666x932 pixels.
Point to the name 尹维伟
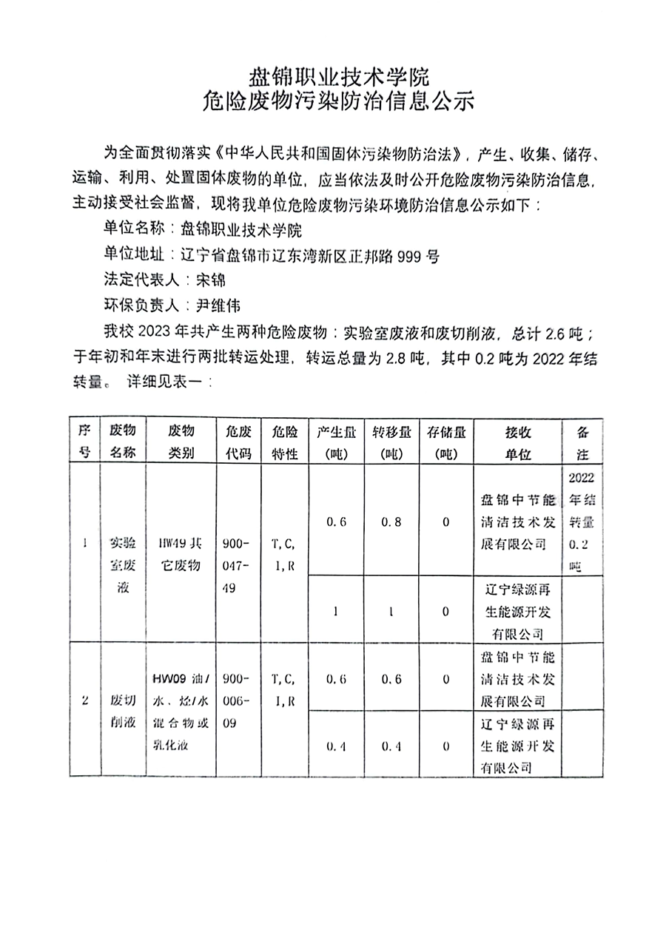pyautogui.click(x=218, y=305)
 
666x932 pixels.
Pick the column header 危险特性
pyautogui.click(x=284, y=442)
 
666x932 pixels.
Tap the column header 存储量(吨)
pyautogui.click(x=446, y=442)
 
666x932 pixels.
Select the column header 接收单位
pyautogui.click(x=518, y=442)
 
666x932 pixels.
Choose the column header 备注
pyautogui.click(x=582, y=442)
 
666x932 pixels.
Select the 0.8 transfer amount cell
pyautogui.click(x=391, y=522)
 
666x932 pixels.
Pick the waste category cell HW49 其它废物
pyautogui.click(x=181, y=554)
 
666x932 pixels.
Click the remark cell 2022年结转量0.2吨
pyautogui.click(x=582, y=521)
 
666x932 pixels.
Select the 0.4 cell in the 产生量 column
pyautogui.click(x=337, y=746)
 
